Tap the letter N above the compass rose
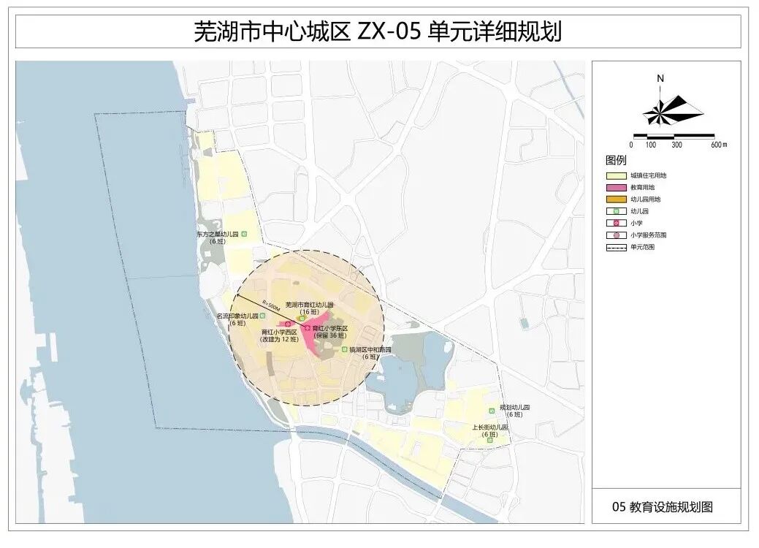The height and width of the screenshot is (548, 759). click(x=660, y=79)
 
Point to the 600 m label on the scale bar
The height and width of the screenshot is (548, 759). click(x=719, y=145)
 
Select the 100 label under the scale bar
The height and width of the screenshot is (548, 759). click(x=651, y=145)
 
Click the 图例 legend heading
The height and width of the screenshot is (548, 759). click(x=616, y=160)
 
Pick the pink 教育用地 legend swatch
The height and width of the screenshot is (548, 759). click(x=615, y=187)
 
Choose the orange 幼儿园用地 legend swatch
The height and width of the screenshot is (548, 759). click(x=615, y=199)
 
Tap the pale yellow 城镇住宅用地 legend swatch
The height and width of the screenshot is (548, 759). click(x=615, y=175)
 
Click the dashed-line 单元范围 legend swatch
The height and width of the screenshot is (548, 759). click(x=615, y=247)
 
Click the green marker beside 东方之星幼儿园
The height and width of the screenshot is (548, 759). click(x=244, y=235)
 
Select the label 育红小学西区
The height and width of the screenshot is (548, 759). click(x=280, y=332)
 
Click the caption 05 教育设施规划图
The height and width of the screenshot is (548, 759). click(x=663, y=506)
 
